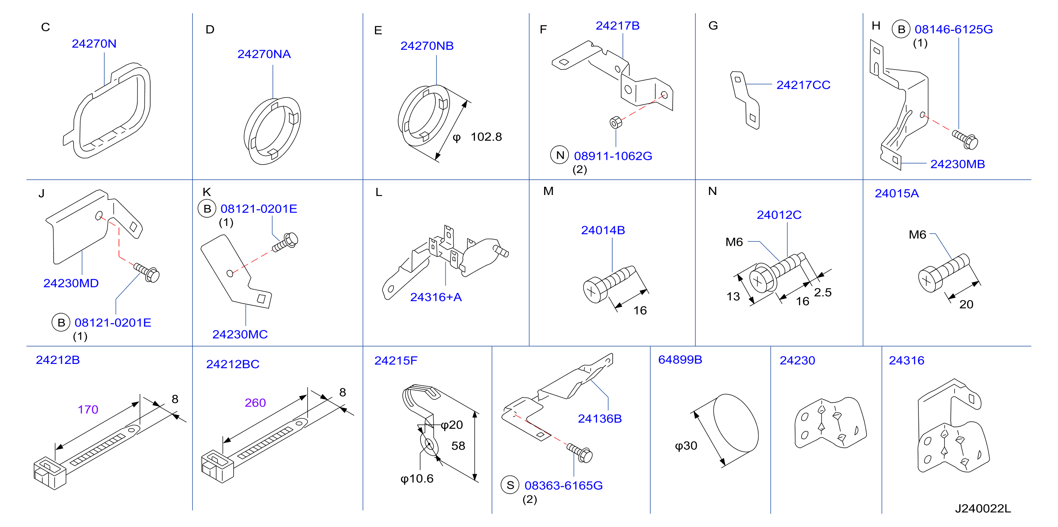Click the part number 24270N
tap(94, 44)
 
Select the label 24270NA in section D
tap(264, 54)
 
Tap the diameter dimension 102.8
tap(486, 137)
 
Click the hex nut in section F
tap(615, 123)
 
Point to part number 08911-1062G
tap(613, 156)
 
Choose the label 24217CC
tap(803, 85)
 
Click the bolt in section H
tap(966, 139)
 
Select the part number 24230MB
tap(957, 164)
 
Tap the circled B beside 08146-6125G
tap(901, 29)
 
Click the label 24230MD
tap(71, 283)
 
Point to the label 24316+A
tap(436, 297)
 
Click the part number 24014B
tap(603, 230)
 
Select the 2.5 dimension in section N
tap(823, 293)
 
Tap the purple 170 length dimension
tap(88, 409)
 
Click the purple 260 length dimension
tap(255, 403)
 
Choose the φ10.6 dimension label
tap(417, 479)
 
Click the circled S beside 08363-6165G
tap(510, 485)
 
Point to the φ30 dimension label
tap(686, 446)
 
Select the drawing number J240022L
tap(983, 509)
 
